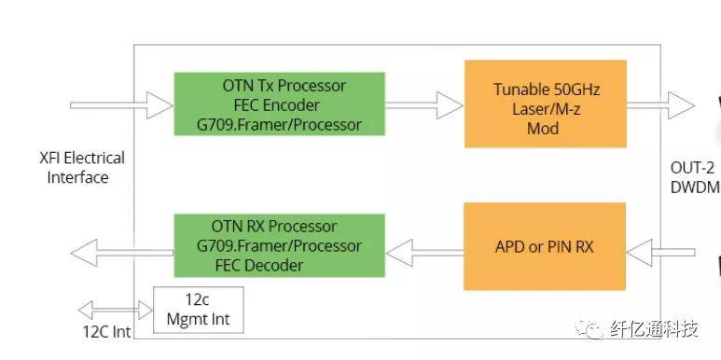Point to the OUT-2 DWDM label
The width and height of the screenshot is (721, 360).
[694, 177]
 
